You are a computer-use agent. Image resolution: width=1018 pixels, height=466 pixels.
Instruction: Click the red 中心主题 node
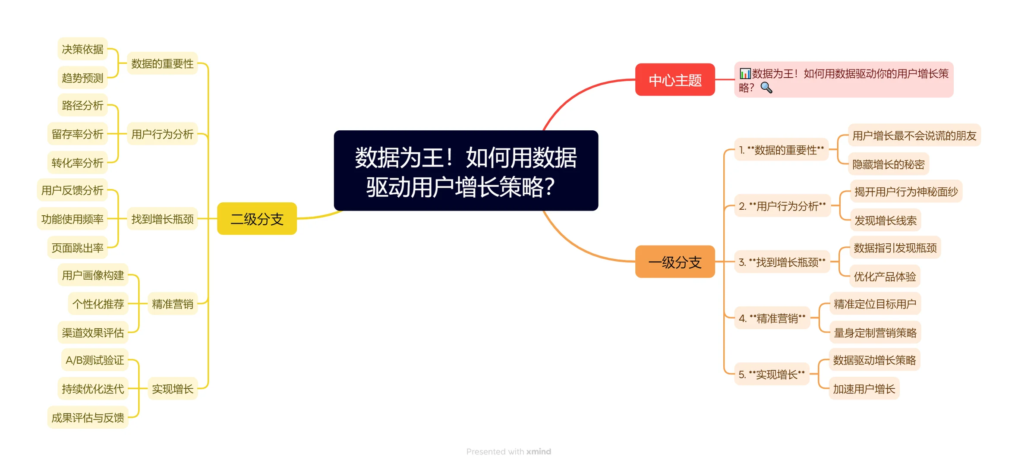click(674, 80)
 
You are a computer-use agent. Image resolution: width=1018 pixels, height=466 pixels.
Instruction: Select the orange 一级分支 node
click(674, 262)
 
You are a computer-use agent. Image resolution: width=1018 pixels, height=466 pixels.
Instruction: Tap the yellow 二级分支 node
click(257, 219)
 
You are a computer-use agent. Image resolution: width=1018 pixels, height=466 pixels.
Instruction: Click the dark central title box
click(466, 171)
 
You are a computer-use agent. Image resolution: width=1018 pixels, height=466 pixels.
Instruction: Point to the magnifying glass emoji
click(766, 88)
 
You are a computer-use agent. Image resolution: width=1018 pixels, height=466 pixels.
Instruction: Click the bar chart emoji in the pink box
click(745, 73)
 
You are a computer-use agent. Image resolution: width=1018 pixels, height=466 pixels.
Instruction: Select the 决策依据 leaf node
click(82, 49)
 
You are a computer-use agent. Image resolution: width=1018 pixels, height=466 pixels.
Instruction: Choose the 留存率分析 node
click(77, 134)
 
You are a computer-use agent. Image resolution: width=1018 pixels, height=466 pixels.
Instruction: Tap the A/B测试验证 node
click(95, 360)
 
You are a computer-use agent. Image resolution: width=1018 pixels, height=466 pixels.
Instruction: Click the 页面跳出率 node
click(77, 248)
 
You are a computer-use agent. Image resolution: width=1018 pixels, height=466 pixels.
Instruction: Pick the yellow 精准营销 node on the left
click(172, 304)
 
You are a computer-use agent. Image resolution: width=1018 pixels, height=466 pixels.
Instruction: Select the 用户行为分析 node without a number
click(162, 134)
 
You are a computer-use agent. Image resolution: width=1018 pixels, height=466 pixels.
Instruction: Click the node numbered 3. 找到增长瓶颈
click(782, 262)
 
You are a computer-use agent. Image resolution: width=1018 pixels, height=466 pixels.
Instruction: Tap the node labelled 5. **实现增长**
click(772, 375)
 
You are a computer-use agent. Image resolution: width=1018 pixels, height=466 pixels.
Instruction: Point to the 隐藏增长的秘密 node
click(888, 164)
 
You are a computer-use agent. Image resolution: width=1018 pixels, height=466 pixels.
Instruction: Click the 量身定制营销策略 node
click(875, 333)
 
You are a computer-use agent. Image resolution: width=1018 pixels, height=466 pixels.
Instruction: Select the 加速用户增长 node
click(864, 389)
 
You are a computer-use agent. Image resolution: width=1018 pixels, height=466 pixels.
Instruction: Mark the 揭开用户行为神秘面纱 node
click(906, 192)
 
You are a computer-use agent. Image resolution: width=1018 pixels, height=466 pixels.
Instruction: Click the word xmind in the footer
click(539, 451)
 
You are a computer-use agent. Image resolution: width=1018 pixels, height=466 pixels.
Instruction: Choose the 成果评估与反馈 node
click(88, 418)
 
